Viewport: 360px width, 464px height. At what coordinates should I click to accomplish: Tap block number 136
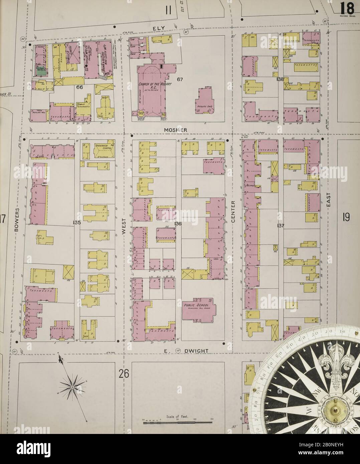tap(177, 223)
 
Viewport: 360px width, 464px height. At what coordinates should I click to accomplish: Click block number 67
tap(180, 79)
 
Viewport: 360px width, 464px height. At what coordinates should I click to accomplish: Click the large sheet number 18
tap(348, 7)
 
